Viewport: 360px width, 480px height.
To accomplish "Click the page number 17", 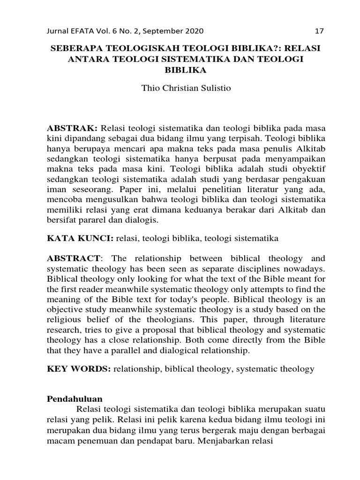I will coord(319,31).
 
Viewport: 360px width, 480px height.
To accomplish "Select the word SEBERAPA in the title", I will coord(78,49).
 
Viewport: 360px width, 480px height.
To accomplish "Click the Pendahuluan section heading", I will coord(75,399).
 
